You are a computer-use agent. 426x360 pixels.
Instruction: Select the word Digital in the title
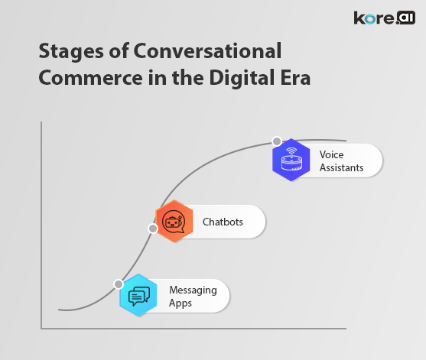pyautogui.click(x=243, y=79)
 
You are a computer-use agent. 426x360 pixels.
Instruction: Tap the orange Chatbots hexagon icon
pyautogui.click(x=174, y=222)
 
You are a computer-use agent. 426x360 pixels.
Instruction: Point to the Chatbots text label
pyautogui.click(x=223, y=222)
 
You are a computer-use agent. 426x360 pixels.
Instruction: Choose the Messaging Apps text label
pyautogui.click(x=193, y=296)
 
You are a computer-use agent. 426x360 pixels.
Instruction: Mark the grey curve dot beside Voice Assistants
pyautogui.click(x=276, y=142)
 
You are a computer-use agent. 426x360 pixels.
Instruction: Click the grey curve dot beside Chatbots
pyautogui.click(x=153, y=228)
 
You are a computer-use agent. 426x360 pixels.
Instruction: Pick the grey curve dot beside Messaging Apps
pyautogui.click(x=119, y=284)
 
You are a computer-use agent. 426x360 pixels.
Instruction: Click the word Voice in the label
pyautogui.click(x=331, y=154)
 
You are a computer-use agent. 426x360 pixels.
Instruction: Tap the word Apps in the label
pyautogui.click(x=181, y=303)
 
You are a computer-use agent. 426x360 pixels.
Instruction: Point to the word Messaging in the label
pyautogui.click(x=193, y=290)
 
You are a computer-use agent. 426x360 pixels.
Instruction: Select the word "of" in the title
pyautogui.click(x=119, y=52)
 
